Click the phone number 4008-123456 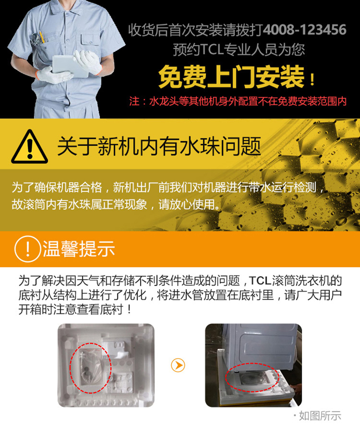pos(304,30)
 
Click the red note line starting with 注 pos(238,102)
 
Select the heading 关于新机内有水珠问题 pos(159,146)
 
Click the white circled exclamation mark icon pos(27,249)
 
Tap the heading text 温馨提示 pos(79,249)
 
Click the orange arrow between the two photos pos(178,365)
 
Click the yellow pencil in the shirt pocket pos(41,36)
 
